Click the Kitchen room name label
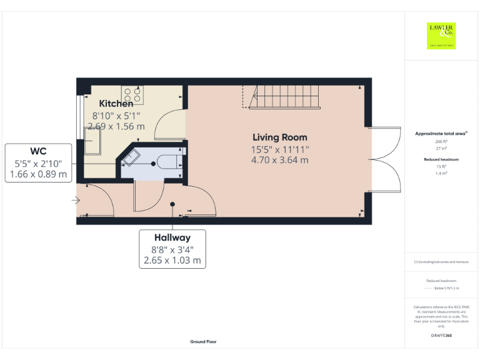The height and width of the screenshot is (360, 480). (x=116, y=104)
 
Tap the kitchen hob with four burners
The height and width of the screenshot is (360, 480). (x=132, y=94)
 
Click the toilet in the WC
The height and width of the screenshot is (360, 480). (x=167, y=161)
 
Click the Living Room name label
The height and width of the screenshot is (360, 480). (x=279, y=137)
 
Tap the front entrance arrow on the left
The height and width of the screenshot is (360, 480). (x=76, y=201)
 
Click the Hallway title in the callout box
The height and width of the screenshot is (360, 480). (x=172, y=237)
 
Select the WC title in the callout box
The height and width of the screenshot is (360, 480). (x=39, y=151)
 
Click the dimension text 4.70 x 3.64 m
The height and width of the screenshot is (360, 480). (x=280, y=160)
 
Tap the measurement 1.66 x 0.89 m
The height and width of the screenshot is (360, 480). (x=39, y=174)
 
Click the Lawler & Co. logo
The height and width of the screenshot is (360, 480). (x=441, y=35)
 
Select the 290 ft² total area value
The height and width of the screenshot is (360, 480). (x=441, y=142)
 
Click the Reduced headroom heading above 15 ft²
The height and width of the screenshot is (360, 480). (x=441, y=159)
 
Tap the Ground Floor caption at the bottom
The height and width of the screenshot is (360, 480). (x=203, y=342)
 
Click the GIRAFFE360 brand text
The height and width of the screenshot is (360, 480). (x=441, y=336)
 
